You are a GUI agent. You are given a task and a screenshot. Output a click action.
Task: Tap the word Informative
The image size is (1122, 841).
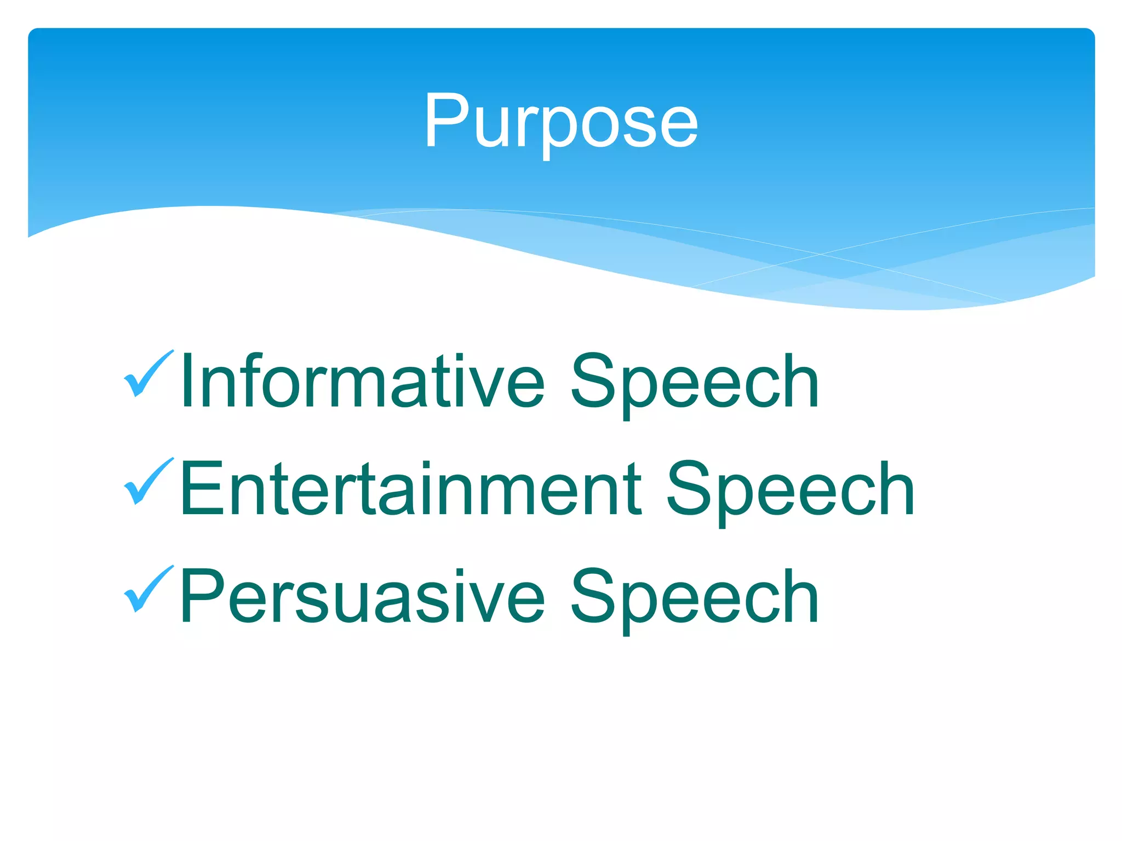click(362, 382)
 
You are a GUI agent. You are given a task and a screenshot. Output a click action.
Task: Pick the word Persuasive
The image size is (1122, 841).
click(362, 597)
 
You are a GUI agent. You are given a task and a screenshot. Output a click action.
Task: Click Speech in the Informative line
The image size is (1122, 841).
click(695, 382)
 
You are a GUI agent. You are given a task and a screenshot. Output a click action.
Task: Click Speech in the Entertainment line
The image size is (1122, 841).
click(790, 489)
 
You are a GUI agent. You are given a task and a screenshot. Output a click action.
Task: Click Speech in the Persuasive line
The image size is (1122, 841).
click(695, 597)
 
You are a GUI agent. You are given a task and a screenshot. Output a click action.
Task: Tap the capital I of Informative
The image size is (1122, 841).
click(187, 382)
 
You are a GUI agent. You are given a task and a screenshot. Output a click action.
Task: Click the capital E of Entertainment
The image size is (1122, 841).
click(202, 489)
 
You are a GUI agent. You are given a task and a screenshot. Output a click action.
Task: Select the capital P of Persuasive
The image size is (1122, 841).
click(202, 597)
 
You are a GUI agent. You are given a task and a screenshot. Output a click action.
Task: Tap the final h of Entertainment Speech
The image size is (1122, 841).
click(894, 489)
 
